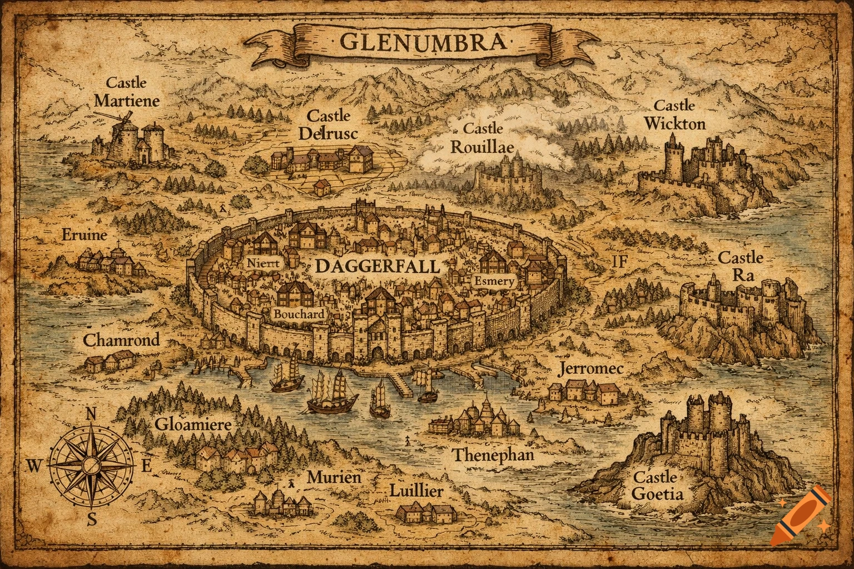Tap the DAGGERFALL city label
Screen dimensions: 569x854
pos(377,266)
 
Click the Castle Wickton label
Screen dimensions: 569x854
pos(674,114)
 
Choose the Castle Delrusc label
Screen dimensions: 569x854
pos(328,124)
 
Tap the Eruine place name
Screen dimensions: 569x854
pos(85,235)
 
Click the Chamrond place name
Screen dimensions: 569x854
pos(121,340)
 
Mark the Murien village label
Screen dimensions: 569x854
pos(334,477)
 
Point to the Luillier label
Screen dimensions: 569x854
pos(416,491)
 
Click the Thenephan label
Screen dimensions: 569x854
pos(493,455)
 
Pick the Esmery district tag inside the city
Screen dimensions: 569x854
pos(494,282)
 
